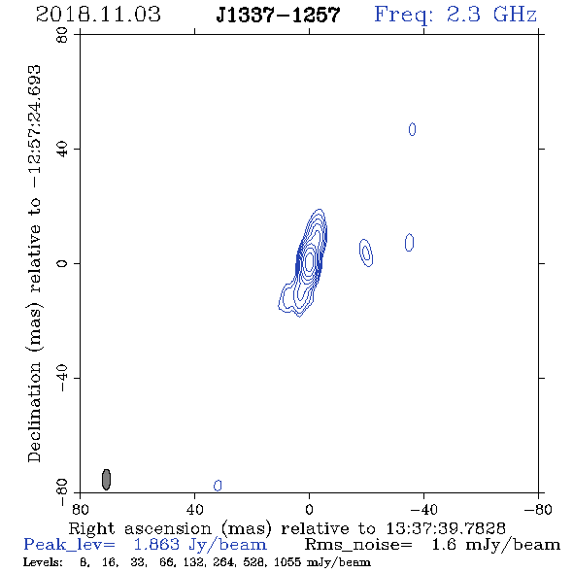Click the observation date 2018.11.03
[x=98, y=15]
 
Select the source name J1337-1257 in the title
[x=278, y=16]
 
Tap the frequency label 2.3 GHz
[x=491, y=15]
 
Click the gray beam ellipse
[x=106, y=480]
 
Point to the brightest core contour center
[x=309, y=261]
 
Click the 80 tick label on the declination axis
[x=62, y=35]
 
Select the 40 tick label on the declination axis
[x=62, y=150]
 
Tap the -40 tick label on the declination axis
[x=62, y=378]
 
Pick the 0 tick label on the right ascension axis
[x=309, y=510]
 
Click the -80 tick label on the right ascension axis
[x=538, y=510]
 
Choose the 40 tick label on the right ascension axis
[x=195, y=510]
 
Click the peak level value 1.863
[x=156, y=545]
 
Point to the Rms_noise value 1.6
[x=444, y=545]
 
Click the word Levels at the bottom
[x=43, y=561]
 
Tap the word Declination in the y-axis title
[x=34, y=412]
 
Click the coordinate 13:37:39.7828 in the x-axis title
[x=446, y=528]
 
